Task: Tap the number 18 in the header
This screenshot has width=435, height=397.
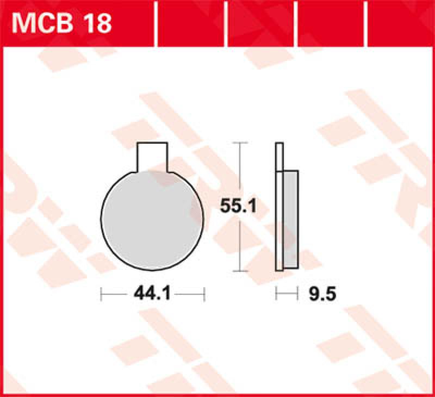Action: pyautogui.click(x=98, y=23)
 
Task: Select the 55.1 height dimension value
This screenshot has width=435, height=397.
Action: pyautogui.click(x=238, y=206)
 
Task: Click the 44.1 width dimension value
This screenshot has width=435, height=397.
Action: pyautogui.click(x=152, y=295)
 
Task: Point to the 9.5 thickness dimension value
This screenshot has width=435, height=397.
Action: pyautogui.click(x=322, y=295)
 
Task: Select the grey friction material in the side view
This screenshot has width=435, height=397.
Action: pyautogui.click(x=291, y=220)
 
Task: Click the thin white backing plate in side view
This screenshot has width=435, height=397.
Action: pyautogui.click(x=279, y=207)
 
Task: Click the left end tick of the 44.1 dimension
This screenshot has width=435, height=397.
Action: pyautogui.click(x=102, y=295)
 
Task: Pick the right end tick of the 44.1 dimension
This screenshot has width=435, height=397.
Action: pyautogui.click(x=204, y=295)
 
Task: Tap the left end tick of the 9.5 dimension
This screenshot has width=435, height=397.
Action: pyautogui.click(x=277, y=295)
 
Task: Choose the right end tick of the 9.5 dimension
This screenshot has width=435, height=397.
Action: pyautogui.click(x=299, y=295)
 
